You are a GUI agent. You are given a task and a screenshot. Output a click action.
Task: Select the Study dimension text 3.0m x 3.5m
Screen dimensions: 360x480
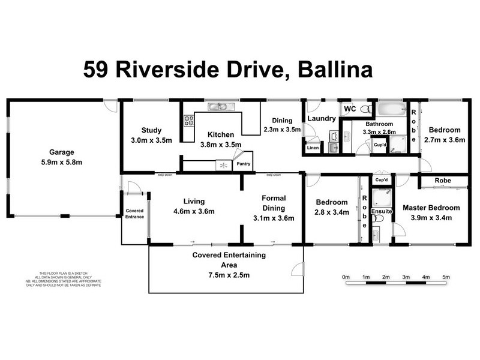click(x=152, y=140)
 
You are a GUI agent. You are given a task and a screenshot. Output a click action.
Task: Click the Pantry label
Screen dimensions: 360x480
click(x=243, y=163)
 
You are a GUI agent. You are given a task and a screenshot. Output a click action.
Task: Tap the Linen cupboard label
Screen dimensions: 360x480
click(x=313, y=148)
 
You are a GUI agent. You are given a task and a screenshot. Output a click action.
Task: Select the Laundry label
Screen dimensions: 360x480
click(x=322, y=119)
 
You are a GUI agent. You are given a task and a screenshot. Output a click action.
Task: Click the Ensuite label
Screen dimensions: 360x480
click(x=381, y=211)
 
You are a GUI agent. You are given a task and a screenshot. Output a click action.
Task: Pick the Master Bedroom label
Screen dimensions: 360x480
click(x=431, y=208)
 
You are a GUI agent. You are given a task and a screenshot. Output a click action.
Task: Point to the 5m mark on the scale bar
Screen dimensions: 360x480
click(x=446, y=277)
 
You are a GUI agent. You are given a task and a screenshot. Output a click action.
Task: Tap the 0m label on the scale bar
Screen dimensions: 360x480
click(x=346, y=277)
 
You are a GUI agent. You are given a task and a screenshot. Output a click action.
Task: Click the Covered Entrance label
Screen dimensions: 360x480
click(x=134, y=214)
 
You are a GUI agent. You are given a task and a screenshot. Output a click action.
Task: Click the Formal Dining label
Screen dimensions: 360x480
click(x=274, y=203)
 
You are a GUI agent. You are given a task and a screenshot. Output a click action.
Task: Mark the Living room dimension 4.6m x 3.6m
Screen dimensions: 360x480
click(x=194, y=211)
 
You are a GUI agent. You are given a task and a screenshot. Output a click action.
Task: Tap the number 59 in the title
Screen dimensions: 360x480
click(x=97, y=70)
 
